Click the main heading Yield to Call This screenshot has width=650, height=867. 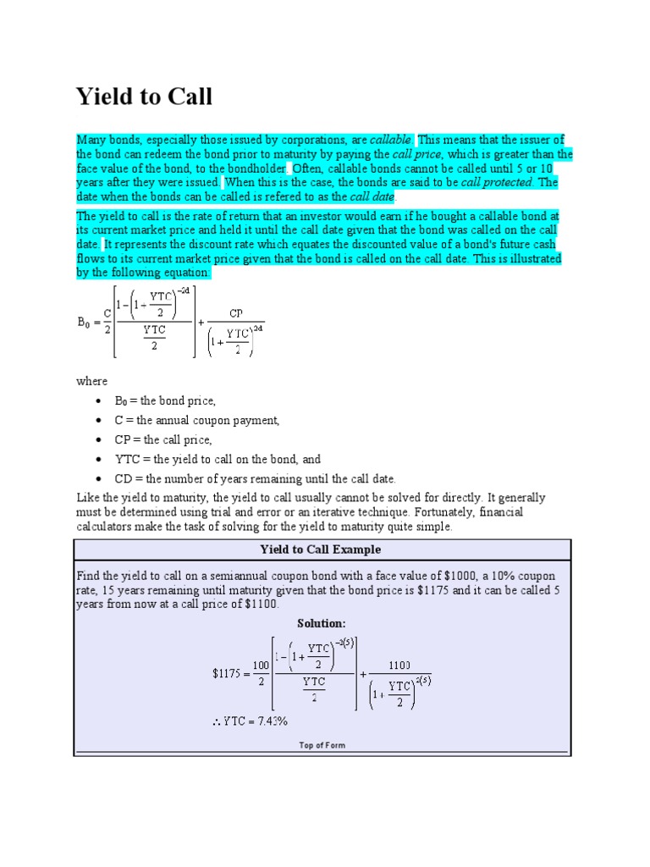pyautogui.click(x=144, y=97)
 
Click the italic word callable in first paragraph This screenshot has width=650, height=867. pyautogui.click(x=391, y=140)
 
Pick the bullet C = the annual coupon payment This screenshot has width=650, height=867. pyautogui.click(x=196, y=420)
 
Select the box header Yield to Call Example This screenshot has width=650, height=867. pyautogui.click(x=320, y=549)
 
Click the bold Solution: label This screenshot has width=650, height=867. pyautogui.click(x=322, y=623)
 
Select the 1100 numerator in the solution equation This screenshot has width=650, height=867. pyautogui.click(x=399, y=665)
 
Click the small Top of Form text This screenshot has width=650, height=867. pyautogui.click(x=322, y=745)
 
